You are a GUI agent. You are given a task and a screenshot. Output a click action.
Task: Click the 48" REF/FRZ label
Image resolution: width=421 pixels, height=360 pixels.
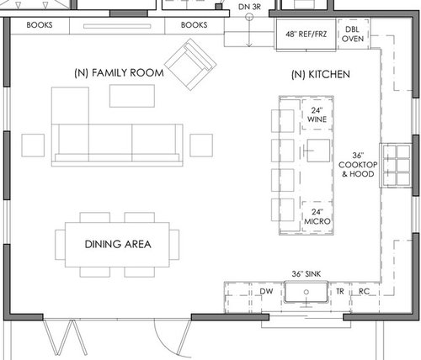306,34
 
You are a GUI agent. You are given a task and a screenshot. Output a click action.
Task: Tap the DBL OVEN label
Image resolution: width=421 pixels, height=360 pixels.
353,34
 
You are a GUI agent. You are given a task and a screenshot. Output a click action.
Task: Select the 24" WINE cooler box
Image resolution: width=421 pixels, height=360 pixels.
317,114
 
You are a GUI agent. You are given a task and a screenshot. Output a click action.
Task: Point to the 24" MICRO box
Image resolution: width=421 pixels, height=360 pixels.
317,217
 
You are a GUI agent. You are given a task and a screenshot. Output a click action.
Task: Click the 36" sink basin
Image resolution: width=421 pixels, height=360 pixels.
306,292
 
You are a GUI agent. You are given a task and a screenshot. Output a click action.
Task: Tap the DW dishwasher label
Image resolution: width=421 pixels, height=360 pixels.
266,291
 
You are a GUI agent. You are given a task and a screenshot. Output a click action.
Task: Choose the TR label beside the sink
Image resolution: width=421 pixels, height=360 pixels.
340,292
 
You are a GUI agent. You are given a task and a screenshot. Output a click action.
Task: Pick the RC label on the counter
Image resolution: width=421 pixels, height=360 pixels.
364,292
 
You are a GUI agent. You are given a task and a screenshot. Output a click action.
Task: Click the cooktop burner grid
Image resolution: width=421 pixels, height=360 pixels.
397,165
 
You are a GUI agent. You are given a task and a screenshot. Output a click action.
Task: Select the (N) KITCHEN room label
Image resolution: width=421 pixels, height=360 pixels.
321,75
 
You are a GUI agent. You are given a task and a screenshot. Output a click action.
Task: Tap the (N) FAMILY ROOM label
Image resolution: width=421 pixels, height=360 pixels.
119,73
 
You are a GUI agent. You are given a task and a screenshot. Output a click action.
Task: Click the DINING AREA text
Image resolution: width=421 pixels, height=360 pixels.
118,244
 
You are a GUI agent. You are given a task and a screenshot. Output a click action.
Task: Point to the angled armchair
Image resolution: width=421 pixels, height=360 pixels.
190,65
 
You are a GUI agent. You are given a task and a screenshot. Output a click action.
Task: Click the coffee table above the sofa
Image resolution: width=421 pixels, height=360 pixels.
132,96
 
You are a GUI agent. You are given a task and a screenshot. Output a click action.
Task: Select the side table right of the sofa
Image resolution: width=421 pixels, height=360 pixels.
201,146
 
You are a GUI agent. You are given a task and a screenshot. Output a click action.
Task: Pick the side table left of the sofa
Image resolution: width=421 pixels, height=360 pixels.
33,146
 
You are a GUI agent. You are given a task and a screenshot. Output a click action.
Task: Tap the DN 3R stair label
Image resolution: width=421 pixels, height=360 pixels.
249,7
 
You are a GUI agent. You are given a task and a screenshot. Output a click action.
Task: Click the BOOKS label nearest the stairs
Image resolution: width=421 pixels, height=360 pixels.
194,25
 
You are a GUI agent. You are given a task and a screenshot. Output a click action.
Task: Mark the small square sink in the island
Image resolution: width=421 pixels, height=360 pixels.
318,151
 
